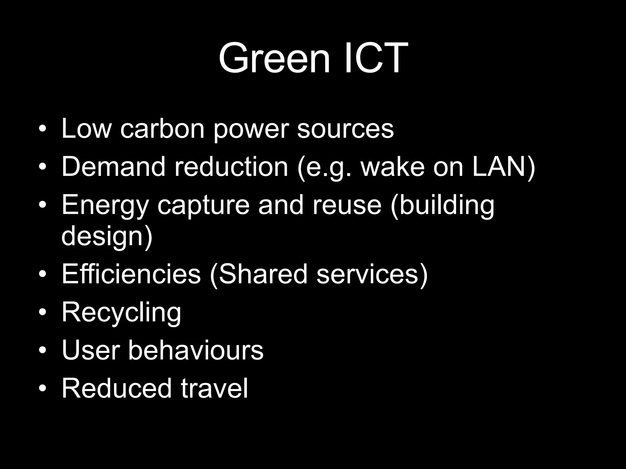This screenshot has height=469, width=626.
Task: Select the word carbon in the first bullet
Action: click(162, 129)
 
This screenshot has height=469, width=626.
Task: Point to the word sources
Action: click(345, 129)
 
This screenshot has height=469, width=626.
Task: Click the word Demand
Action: click(113, 167)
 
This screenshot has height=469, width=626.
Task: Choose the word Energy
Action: click(105, 205)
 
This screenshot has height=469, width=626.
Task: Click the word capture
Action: click(204, 205)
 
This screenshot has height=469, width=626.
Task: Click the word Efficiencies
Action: click(131, 274)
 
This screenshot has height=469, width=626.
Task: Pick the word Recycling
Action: click(121, 312)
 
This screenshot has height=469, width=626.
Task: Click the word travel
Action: click(214, 388)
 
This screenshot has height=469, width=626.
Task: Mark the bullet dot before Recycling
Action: click(43, 312)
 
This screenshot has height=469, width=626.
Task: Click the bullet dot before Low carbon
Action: click(43, 129)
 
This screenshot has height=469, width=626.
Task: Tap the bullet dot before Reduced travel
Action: click(43, 388)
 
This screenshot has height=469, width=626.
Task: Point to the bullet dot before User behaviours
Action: click(43, 350)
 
